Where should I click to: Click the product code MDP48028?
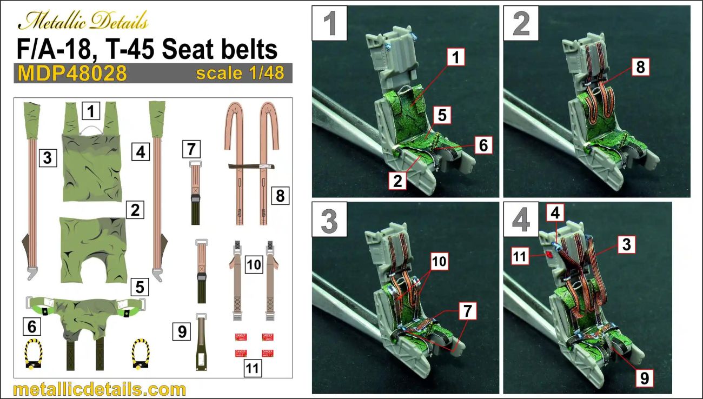(x=72, y=74)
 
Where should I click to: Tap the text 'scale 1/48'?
(x=240, y=73)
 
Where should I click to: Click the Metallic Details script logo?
(x=83, y=22)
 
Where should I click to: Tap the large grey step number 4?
(x=520, y=220)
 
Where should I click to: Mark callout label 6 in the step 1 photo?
(x=483, y=144)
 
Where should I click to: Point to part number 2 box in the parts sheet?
(x=135, y=210)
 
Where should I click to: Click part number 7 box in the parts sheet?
(x=191, y=148)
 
